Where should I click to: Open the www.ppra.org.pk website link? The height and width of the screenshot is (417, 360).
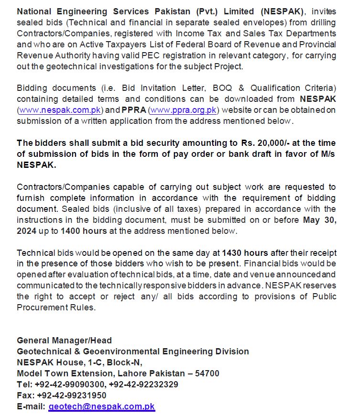(x=184, y=110)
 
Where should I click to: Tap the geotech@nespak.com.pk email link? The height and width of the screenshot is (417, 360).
(x=101, y=406)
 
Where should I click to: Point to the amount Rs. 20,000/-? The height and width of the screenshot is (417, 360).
(x=260, y=143)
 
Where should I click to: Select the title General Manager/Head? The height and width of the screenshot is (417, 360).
(x=64, y=340)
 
